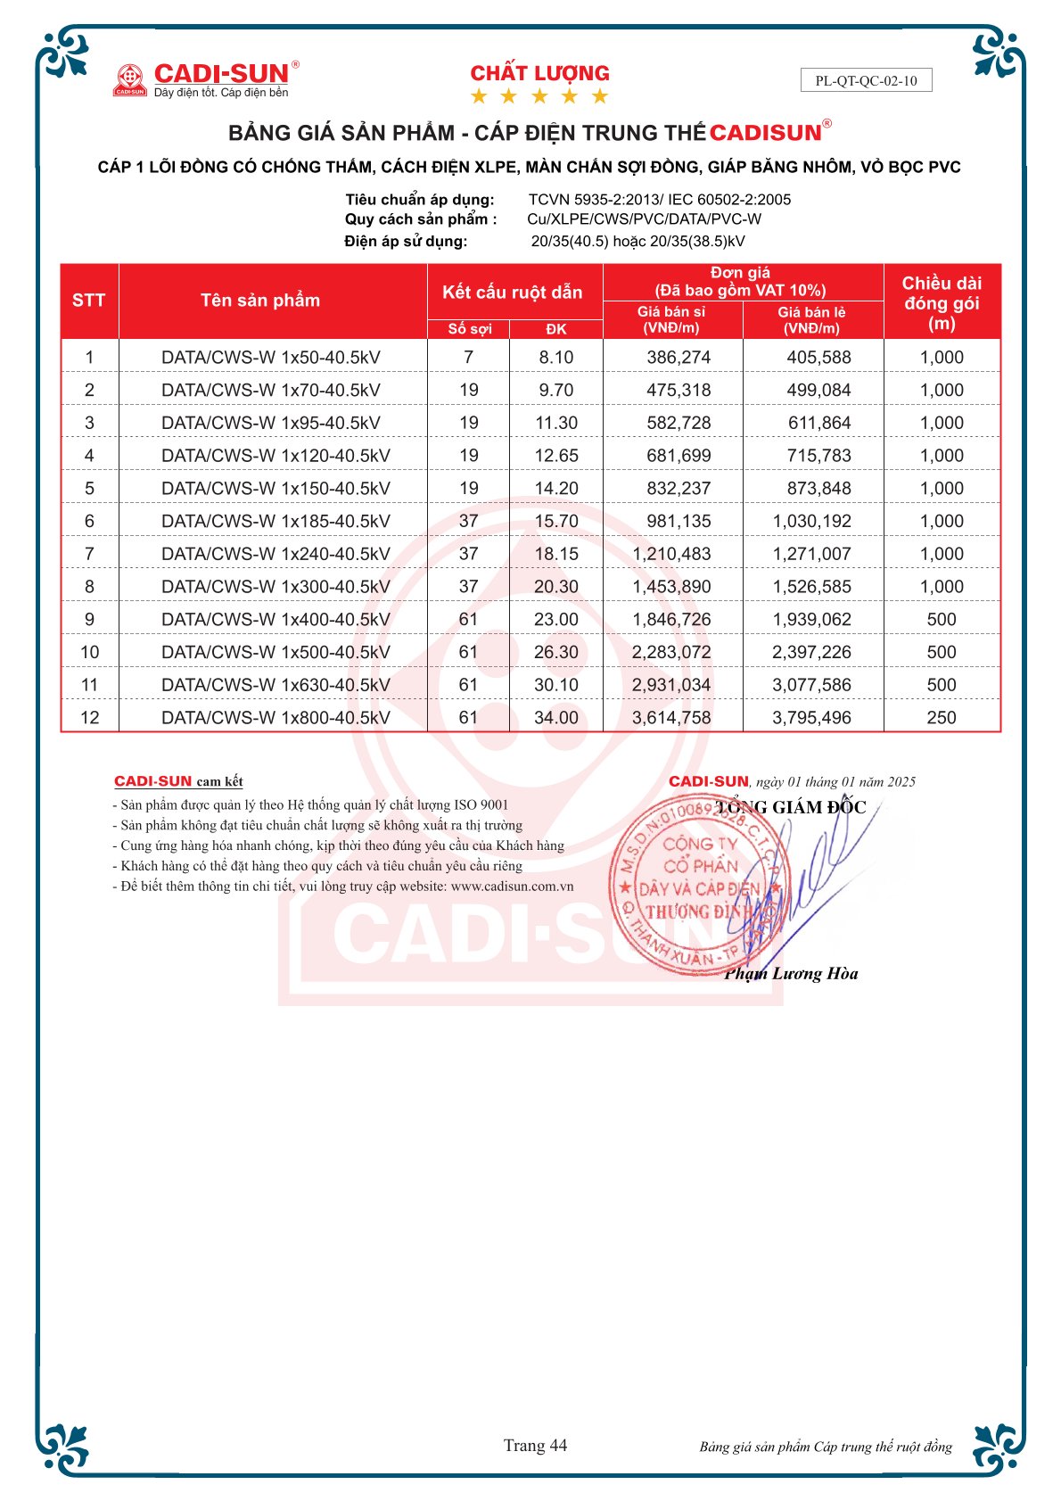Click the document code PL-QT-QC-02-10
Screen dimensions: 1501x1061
[x=866, y=80]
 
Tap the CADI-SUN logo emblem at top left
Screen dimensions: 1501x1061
[x=130, y=79]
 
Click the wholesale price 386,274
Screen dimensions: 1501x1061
[x=679, y=358]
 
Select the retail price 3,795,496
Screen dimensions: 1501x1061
[x=811, y=718]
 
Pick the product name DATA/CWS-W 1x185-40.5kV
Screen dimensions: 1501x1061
[x=276, y=521]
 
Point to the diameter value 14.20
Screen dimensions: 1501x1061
[x=556, y=489]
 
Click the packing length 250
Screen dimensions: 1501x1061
[x=941, y=718]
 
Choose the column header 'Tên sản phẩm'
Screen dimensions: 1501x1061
[x=260, y=301]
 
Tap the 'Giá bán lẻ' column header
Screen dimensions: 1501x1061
[x=811, y=320]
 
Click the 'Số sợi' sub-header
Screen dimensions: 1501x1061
[x=469, y=329]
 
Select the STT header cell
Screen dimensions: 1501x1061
[x=89, y=301]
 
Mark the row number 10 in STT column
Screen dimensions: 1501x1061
[x=89, y=652]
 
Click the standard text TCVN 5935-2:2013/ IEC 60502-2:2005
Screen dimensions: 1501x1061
[x=659, y=200]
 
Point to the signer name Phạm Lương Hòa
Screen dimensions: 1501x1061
[x=791, y=974]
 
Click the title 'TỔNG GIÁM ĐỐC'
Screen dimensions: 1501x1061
[x=791, y=807]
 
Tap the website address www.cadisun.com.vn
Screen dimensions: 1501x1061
[x=512, y=887]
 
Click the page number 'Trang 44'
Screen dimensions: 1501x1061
[x=535, y=1446]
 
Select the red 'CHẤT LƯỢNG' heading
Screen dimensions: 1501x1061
[x=539, y=73]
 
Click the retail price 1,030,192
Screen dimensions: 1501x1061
[x=811, y=521]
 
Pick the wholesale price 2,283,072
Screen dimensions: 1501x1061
[x=671, y=652]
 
